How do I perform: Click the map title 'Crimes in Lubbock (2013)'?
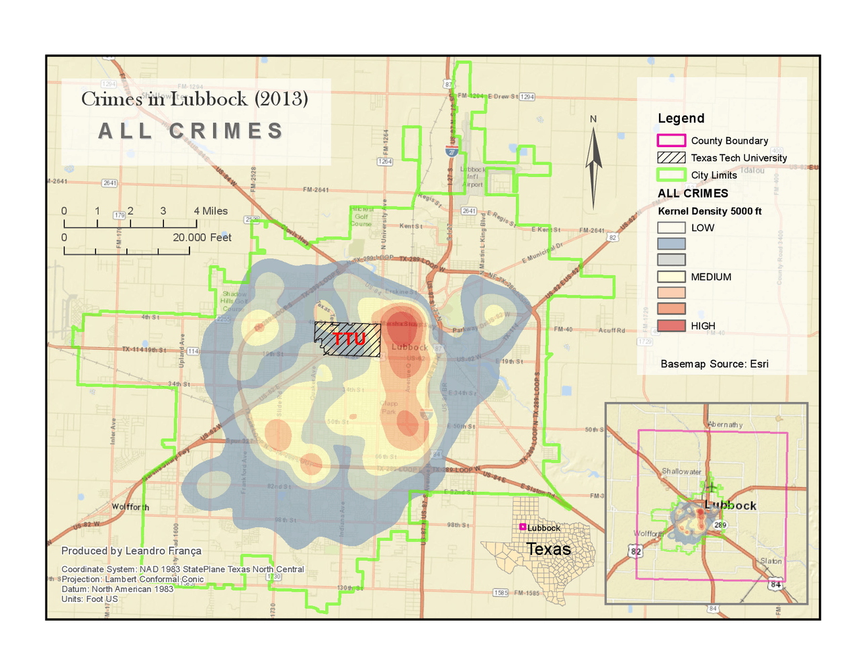pos(194,99)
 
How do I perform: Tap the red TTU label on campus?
pos(349,339)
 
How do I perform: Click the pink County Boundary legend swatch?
pos(671,140)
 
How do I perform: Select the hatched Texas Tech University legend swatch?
pos(671,158)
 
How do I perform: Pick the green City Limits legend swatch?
pos(671,175)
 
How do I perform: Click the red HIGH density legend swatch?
pos(671,326)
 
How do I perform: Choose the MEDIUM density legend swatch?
pos(671,277)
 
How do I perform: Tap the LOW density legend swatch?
pos(671,228)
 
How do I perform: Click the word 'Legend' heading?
pos(681,118)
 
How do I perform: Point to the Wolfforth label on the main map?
pos(130,507)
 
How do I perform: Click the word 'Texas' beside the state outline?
pos(548,549)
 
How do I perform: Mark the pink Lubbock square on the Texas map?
pos(523,527)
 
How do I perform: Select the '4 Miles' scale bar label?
pos(210,211)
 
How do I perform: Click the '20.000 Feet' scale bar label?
pos(202,238)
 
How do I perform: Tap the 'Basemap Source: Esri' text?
pos(714,364)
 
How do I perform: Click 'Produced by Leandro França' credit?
pos(131,551)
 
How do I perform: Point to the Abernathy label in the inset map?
pos(725,425)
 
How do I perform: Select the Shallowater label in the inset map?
pos(681,472)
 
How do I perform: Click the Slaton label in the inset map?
pos(771,561)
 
